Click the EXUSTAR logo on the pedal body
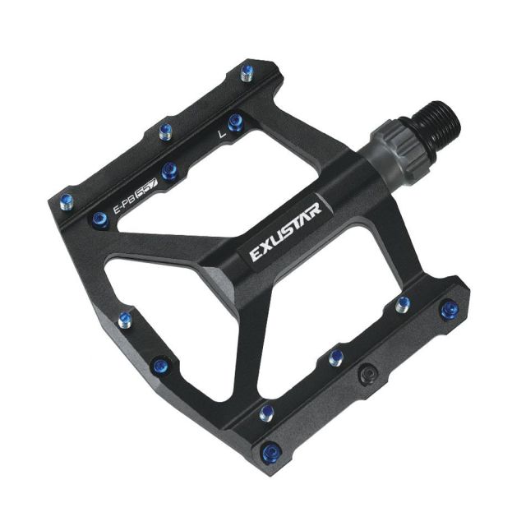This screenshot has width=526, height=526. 286,232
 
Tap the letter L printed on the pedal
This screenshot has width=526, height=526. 221,134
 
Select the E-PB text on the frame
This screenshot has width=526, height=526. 124,205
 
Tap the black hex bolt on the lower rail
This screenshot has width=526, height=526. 367,372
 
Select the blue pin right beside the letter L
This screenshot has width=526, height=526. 236,122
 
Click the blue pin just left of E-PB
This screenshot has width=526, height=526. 100,220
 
